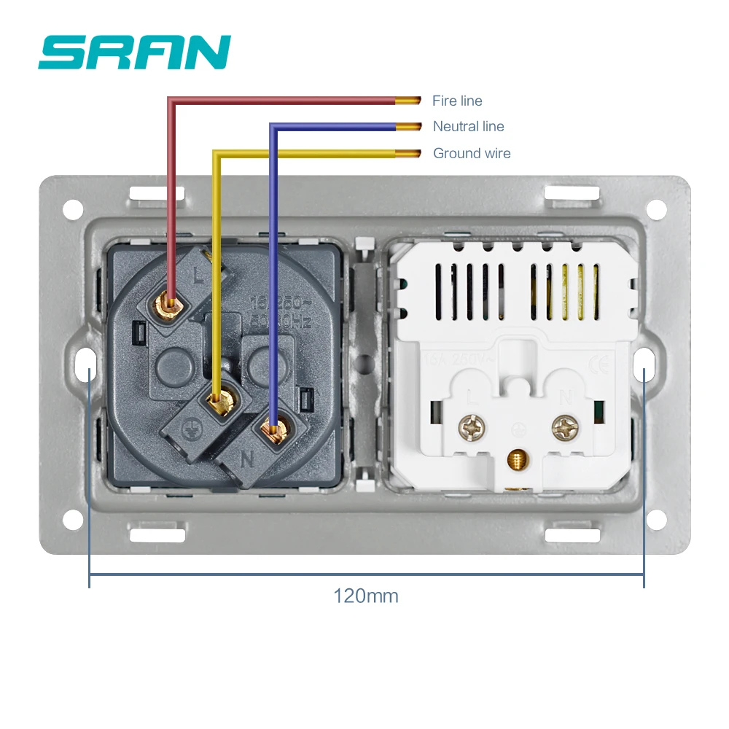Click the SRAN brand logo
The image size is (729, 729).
(135, 52)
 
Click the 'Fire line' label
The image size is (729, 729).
(457, 101)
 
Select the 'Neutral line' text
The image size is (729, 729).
(468, 127)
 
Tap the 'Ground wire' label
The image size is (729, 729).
(472, 153)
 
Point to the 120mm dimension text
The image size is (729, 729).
(366, 596)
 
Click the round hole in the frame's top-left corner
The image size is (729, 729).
(73, 209)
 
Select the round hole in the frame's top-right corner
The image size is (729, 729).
(656, 209)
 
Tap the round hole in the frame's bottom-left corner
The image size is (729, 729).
(73, 519)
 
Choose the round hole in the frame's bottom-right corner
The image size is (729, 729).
(656, 519)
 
